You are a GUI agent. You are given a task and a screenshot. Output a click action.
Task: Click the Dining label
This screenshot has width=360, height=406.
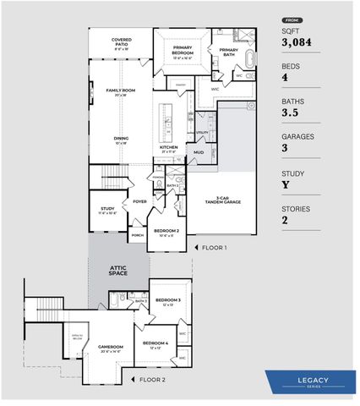coord(122,140)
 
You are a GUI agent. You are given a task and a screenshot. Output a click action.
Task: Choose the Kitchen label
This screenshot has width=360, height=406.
coord(168,148)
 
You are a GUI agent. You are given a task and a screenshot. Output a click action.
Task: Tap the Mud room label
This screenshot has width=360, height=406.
coord(199,153)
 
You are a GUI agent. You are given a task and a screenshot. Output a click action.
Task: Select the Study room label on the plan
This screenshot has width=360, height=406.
coord(107,209)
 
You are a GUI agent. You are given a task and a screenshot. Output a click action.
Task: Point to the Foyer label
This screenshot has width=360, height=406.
coord(139,201)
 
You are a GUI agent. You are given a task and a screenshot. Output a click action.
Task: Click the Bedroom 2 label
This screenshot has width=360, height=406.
coord(166,231)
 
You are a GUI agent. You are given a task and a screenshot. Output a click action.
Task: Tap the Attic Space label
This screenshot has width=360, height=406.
coord(118,270)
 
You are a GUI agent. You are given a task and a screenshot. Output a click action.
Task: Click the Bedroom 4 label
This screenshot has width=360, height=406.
coord(155,343)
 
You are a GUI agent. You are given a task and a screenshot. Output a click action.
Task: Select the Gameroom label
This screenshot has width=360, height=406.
coord(111,347)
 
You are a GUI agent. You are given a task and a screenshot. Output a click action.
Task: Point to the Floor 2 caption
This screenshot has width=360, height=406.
coord(152,380)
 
